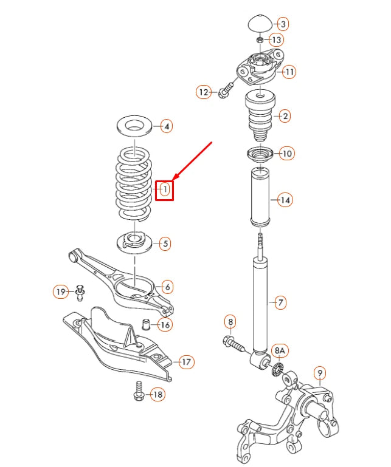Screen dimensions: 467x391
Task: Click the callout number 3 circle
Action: coord(282,24)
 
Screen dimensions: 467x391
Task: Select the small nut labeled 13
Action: coord(260,40)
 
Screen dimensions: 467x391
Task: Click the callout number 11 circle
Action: coord(289,72)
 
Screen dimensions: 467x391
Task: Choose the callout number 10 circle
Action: coord(287,154)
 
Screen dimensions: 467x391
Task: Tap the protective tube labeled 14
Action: coord(260,198)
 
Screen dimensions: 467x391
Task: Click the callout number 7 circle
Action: coord(280,302)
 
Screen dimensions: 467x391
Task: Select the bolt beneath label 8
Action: coord(235,343)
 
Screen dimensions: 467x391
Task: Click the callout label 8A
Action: coord(280,350)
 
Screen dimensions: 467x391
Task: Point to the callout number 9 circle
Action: coord(320,372)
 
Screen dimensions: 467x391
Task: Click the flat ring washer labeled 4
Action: coord(134,127)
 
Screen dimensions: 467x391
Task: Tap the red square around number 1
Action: coord(165,190)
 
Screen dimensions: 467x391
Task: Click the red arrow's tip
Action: coord(174,180)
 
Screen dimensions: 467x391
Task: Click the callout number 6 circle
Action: coord(167,287)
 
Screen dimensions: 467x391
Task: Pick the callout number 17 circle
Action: coord(186,363)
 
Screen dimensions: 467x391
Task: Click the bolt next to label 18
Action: coord(139,393)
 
